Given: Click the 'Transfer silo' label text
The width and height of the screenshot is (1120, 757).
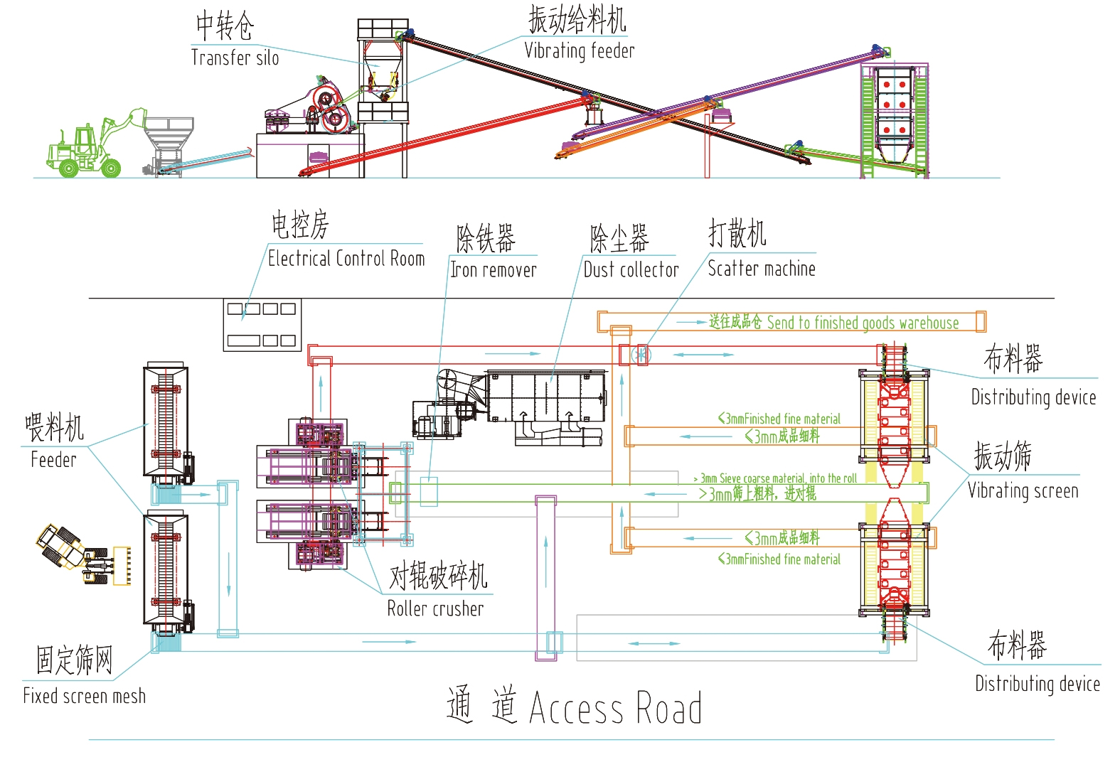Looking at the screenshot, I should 235,58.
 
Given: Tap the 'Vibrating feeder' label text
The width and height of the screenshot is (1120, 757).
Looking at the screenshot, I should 579,51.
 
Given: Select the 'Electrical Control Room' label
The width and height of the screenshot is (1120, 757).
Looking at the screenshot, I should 346,259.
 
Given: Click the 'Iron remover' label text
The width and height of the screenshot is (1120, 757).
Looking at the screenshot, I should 493,270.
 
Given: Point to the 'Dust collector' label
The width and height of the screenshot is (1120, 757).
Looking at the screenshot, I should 631,270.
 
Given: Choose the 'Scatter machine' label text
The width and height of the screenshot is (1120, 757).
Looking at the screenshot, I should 761,269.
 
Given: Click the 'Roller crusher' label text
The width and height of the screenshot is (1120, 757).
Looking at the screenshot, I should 435,609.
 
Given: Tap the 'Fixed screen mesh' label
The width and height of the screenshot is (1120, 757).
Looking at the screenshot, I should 84,696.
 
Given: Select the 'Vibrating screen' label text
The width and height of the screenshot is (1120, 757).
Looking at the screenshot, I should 1023,491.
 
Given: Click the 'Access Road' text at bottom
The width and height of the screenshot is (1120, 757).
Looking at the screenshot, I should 615,708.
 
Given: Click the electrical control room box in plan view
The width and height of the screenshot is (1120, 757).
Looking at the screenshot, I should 262,325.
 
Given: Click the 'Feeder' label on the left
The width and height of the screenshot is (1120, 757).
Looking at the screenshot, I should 53,460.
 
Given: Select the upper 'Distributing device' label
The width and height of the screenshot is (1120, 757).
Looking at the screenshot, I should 1033,397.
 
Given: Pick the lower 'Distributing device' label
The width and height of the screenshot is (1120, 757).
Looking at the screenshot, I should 1037,684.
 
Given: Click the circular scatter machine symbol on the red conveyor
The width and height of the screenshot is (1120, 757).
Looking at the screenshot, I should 641,354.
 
